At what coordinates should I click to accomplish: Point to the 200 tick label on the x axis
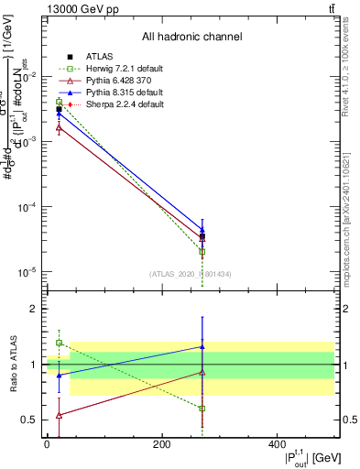[161, 444]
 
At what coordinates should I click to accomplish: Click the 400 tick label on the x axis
[277, 444]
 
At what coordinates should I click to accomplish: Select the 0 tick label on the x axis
[47, 444]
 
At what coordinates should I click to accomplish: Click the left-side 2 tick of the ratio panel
[32, 309]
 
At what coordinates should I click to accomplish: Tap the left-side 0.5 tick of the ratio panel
[28, 420]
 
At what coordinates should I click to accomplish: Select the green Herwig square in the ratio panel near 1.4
[59, 343]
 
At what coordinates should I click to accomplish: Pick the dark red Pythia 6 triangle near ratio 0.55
[59, 415]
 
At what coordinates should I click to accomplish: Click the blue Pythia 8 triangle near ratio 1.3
[202, 346]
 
